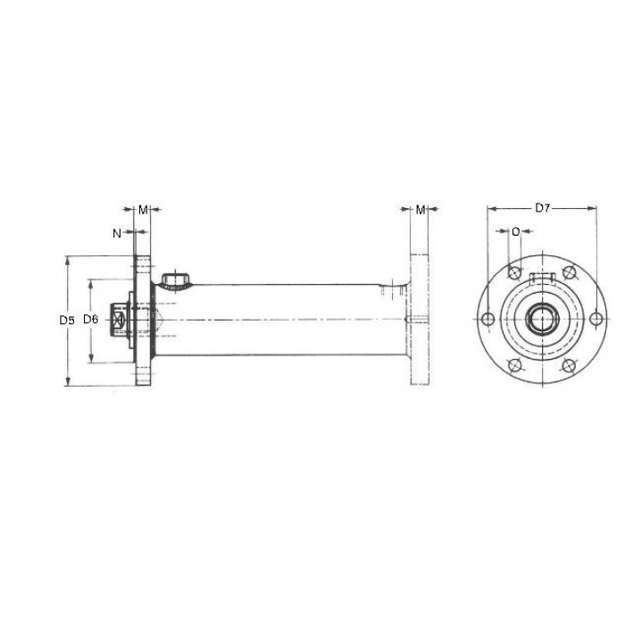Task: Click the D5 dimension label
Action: (67, 320)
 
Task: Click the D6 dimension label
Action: (90, 319)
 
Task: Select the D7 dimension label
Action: (543, 208)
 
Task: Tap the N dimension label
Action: (117, 233)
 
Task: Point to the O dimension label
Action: (516, 231)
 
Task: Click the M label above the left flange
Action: (143, 210)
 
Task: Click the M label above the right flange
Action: (421, 210)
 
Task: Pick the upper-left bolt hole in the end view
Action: (514, 272)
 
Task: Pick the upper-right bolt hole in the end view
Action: (570, 272)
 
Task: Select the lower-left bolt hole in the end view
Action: (514, 365)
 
